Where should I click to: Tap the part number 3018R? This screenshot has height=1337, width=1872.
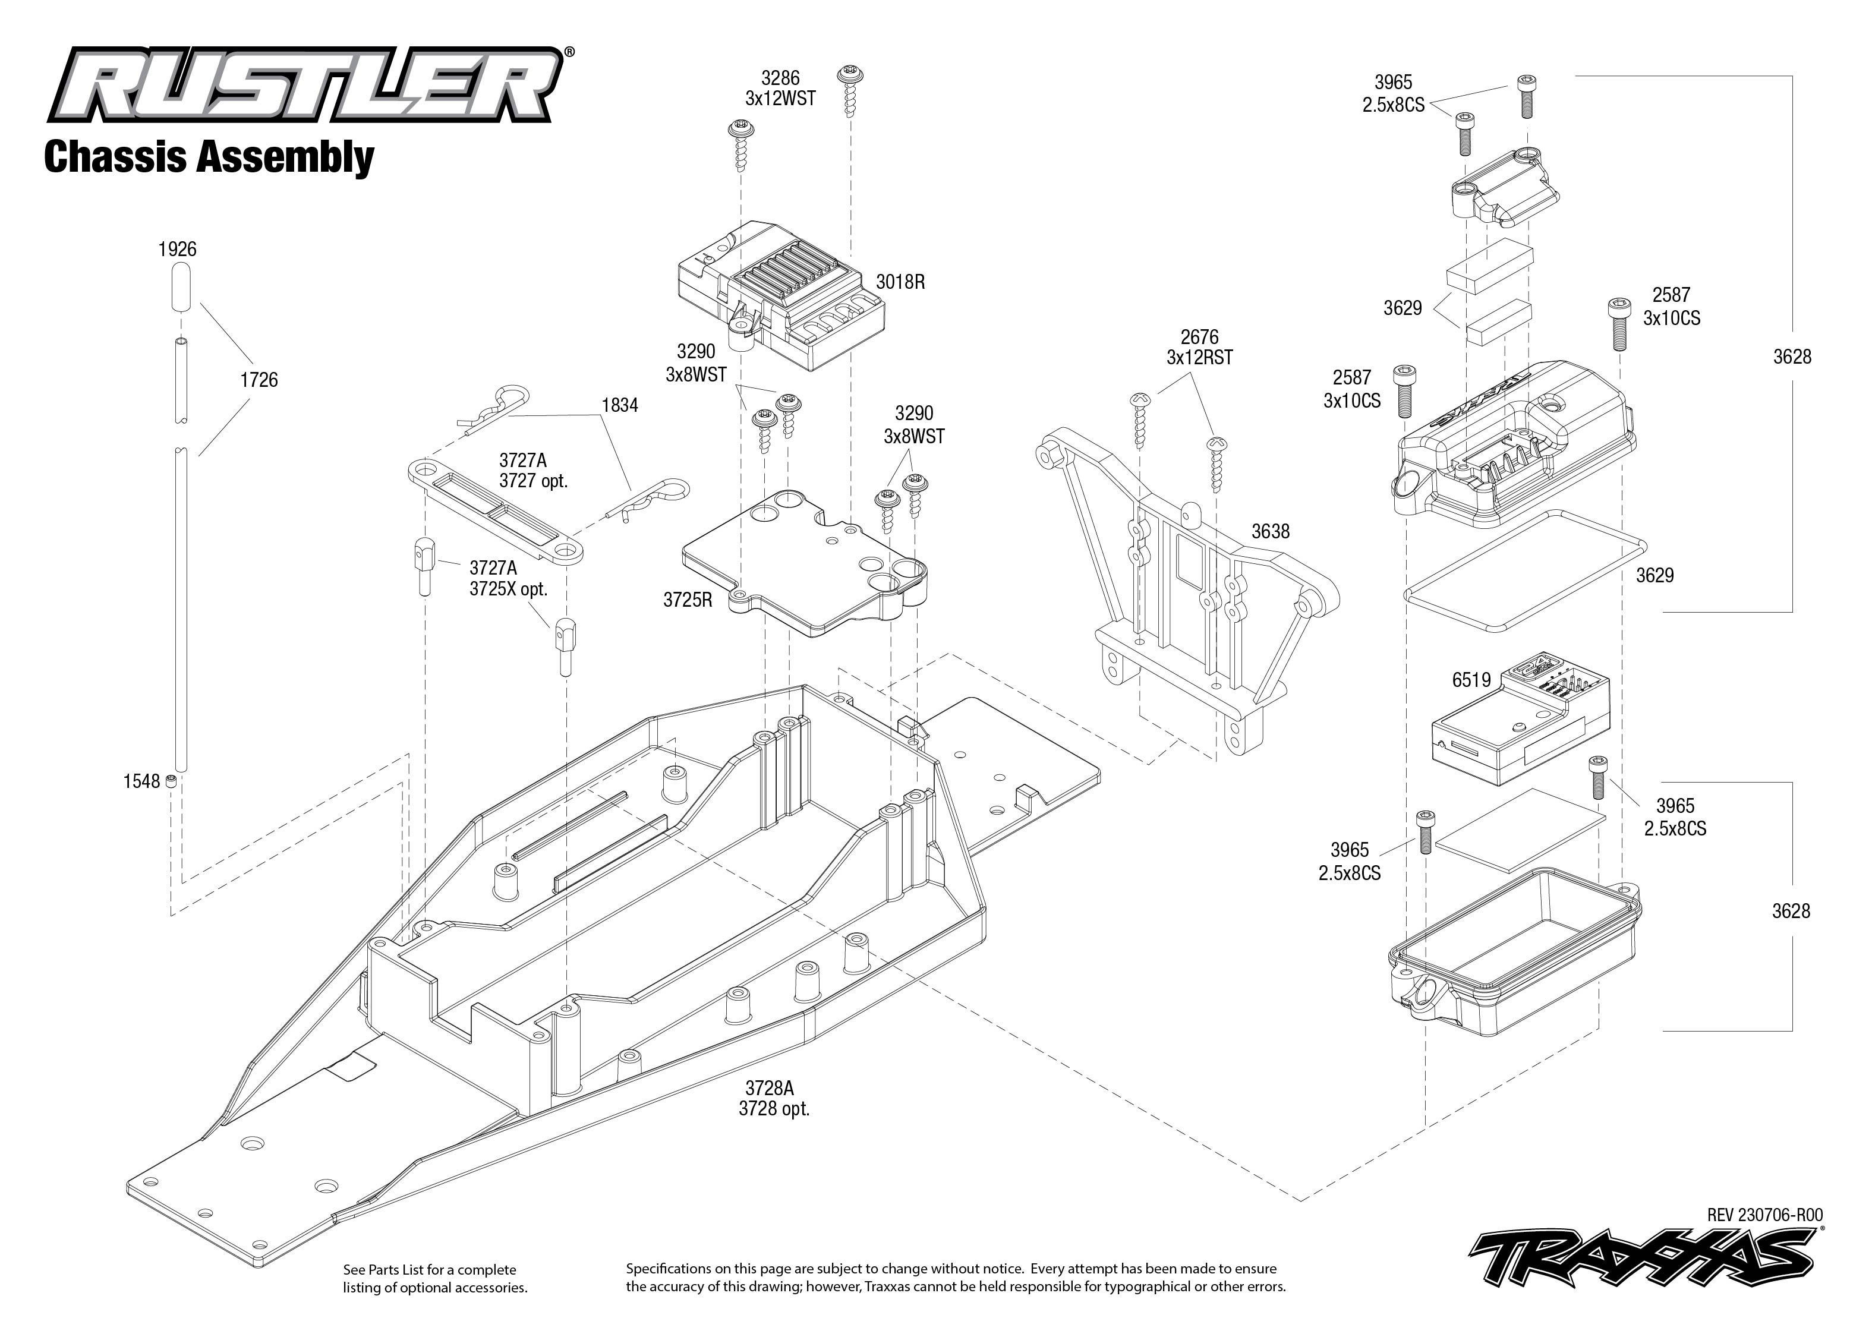click(x=900, y=282)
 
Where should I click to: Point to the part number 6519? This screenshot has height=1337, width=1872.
click(x=1471, y=680)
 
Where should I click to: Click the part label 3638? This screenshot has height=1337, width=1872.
click(x=1270, y=532)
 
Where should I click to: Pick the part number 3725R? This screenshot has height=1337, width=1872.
click(x=688, y=600)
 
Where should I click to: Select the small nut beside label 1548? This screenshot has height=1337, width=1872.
click(x=171, y=780)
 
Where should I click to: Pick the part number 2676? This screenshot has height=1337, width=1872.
click(x=1199, y=337)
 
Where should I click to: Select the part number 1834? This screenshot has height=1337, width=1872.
click(x=619, y=405)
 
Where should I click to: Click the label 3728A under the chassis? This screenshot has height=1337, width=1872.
click(x=770, y=1089)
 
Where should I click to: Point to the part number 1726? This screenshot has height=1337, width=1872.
click(x=259, y=380)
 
